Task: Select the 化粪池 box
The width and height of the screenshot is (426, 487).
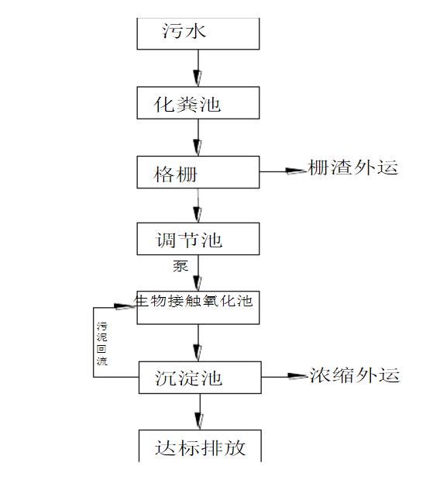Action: (198, 103)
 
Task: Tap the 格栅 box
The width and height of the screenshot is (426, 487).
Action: (198, 173)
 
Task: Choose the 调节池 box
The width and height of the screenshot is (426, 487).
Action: (198, 240)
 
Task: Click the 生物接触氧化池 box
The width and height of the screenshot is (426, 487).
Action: (198, 307)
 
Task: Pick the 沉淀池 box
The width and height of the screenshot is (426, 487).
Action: (198, 377)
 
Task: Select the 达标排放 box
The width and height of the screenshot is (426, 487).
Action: (198, 447)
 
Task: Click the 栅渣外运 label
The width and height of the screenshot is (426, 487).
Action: (353, 168)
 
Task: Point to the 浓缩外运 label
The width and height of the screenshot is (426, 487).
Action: (355, 375)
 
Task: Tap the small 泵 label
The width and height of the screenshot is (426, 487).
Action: (180, 265)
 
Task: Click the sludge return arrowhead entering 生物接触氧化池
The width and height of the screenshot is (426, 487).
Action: (129, 303)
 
